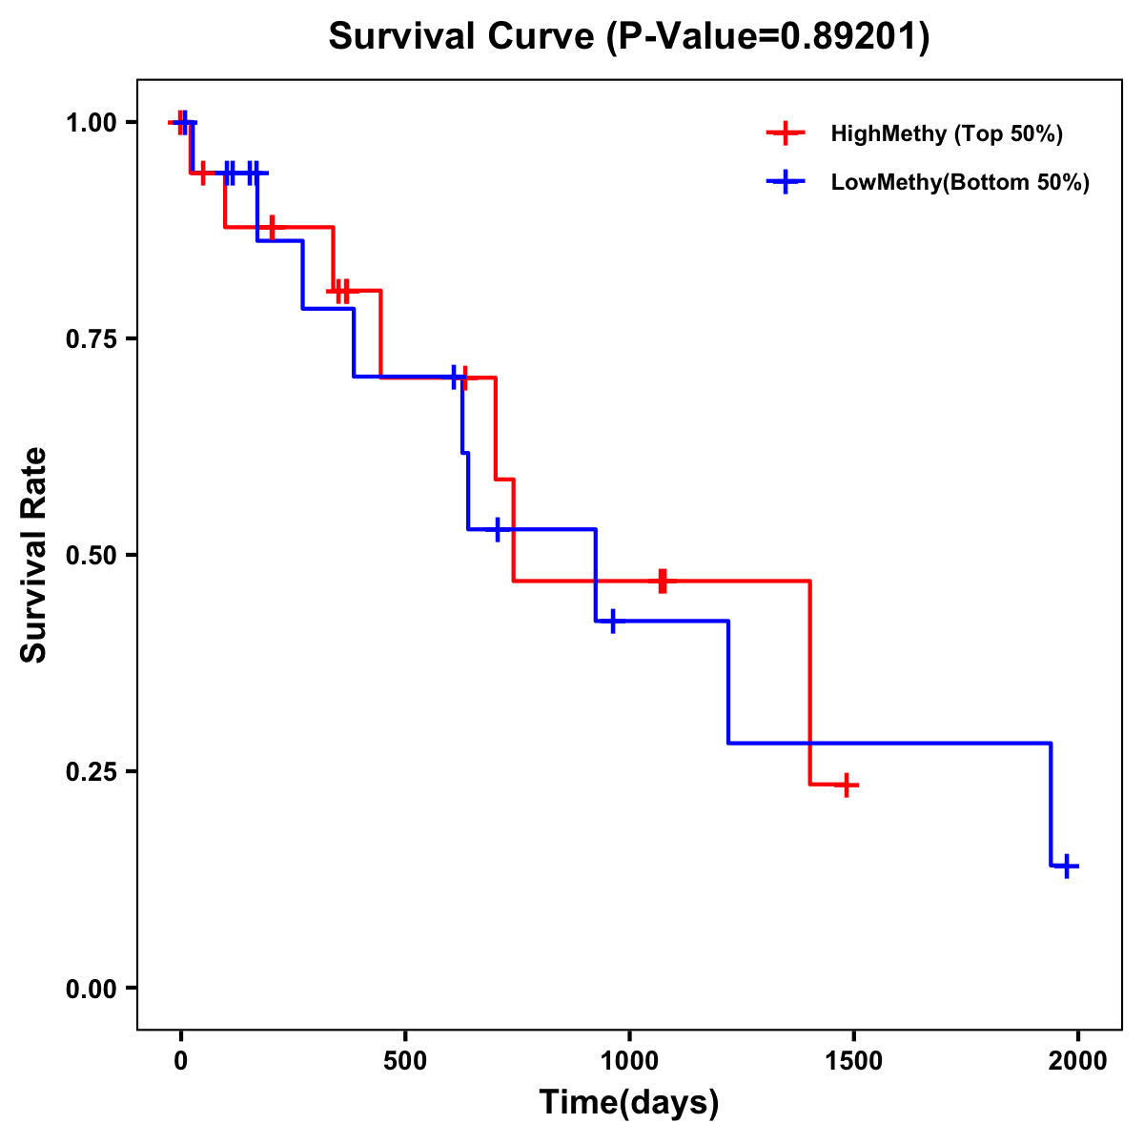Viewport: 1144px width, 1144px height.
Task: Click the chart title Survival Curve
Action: click(x=628, y=36)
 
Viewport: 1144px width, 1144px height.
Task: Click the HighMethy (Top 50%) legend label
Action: click(x=946, y=133)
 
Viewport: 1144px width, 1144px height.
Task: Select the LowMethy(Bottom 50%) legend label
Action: click(x=959, y=182)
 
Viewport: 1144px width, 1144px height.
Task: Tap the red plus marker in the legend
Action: click(x=786, y=133)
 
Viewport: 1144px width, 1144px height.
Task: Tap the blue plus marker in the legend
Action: click(x=786, y=182)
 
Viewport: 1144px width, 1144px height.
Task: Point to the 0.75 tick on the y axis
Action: click(x=94, y=338)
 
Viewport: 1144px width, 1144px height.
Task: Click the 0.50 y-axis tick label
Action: click(x=94, y=555)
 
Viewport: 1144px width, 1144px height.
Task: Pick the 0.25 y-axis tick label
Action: click(x=94, y=771)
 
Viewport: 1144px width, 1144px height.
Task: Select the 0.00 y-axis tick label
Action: click(x=94, y=988)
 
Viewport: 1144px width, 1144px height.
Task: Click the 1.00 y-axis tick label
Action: click(x=94, y=122)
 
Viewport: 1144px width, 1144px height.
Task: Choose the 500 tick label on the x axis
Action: click(x=405, y=1060)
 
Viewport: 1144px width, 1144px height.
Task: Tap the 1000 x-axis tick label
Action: click(x=629, y=1060)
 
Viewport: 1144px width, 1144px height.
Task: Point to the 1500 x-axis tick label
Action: click(x=854, y=1060)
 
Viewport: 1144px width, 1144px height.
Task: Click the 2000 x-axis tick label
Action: click(x=1078, y=1060)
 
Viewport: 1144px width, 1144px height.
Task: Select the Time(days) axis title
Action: click(x=628, y=1103)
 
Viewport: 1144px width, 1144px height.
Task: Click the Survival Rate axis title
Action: click(x=34, y=555)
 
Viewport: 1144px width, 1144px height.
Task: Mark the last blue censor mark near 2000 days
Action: click(x=1068, y=867)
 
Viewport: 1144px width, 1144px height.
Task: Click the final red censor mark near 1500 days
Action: click(x=846, y=785)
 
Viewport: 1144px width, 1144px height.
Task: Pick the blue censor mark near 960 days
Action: click(x=612, y=621)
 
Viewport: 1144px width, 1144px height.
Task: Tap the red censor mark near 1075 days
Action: click(x=663, y=581)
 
